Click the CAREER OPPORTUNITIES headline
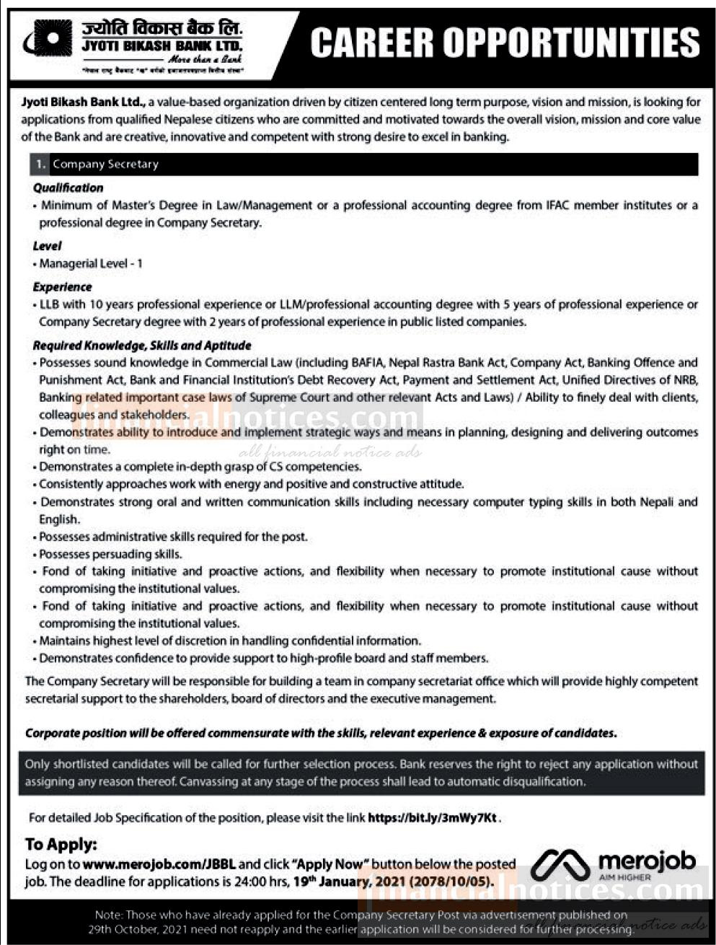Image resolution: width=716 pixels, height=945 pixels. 505,43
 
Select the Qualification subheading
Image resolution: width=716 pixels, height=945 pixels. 68,188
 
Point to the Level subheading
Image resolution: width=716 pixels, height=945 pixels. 48,246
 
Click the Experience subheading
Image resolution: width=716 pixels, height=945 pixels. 63,287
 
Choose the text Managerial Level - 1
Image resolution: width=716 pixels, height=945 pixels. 91,264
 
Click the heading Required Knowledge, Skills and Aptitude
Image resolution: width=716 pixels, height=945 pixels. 142,346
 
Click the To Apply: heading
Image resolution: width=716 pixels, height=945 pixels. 61,845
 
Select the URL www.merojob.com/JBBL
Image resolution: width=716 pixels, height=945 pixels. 159,864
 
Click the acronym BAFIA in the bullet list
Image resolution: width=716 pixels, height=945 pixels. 370,363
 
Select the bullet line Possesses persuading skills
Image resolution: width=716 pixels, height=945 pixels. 111,555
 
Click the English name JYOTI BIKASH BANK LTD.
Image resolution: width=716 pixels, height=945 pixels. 162,46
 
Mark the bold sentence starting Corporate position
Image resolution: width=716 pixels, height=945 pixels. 321,734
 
